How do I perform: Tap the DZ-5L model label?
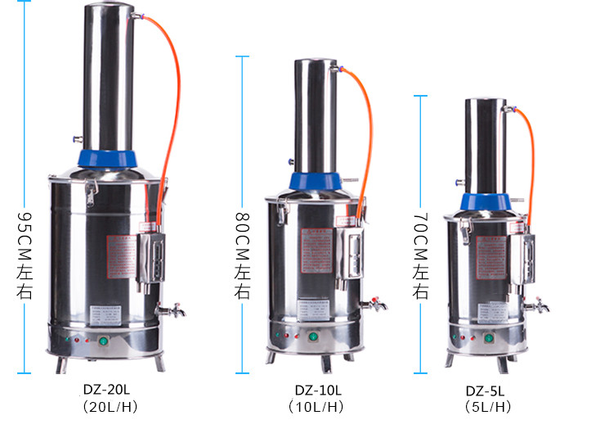pos(486,391)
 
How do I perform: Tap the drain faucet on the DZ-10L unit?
pos(375,305)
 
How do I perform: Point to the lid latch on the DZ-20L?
pos(88,190)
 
